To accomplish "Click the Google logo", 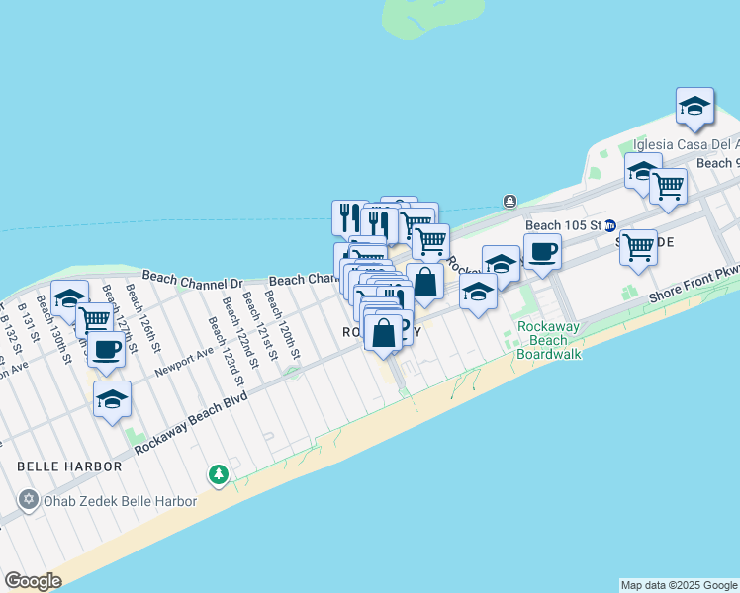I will coord(33,581).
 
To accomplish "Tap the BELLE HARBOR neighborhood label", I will coord(68,466).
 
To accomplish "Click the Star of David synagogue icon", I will coord(28,499).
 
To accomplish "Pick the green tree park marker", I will coord(219,476).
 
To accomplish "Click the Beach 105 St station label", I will coord(564,225).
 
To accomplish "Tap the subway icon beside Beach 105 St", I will coord(610,225).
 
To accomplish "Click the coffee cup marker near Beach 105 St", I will coord(541,252).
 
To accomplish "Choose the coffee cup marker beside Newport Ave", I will coord(107,347).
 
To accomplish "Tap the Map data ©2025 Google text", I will coord(679,585).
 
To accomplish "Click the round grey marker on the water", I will coord(509,202).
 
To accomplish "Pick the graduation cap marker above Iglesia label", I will coord(694,106).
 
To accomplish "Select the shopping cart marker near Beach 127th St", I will coord(94,318).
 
